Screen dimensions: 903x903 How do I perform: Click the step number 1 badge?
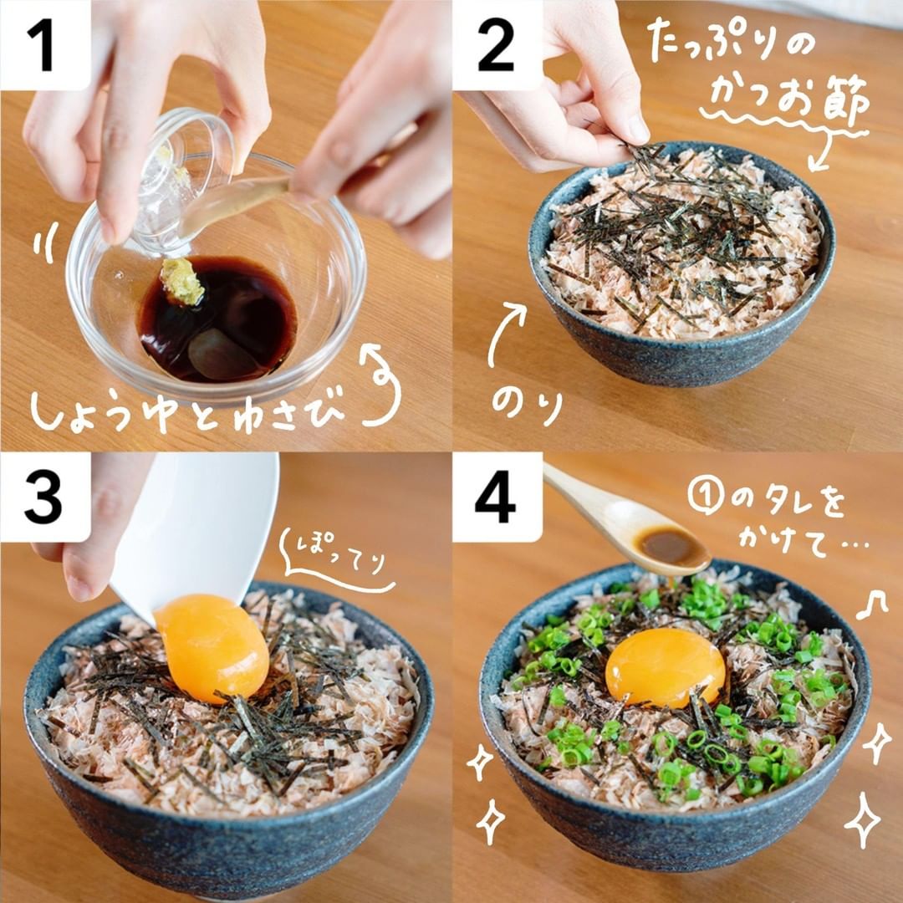(x=45, y=45)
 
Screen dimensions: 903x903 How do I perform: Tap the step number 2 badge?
(x=497, y=45)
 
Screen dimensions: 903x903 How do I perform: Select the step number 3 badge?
(x=45, y=497)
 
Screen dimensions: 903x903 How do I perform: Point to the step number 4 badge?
(x=497, y=497)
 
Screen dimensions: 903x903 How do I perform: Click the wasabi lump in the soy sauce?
(x=182, y=281)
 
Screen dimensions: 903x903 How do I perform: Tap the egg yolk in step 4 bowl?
(x=666, y=667)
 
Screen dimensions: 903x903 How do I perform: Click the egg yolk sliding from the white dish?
(x=212, y=648)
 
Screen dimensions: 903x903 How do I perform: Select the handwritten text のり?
(x=527, y=406)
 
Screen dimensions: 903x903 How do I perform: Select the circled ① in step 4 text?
(x=706, y=497)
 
